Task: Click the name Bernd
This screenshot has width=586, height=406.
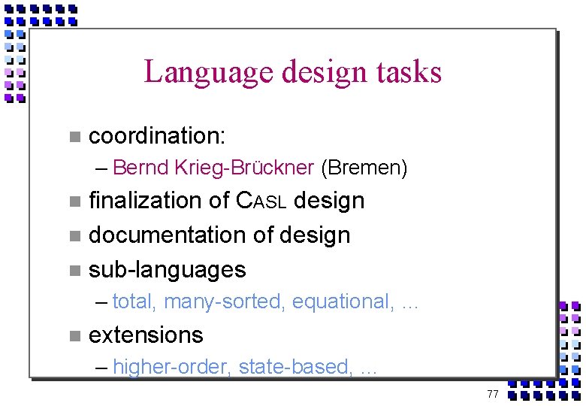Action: click(141, 168)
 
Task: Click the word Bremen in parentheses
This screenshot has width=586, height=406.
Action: click(364, 168)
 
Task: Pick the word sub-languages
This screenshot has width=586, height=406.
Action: click(167, 269)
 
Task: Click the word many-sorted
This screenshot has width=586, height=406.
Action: click(225, 302)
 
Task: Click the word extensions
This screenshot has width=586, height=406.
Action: click(146, 335)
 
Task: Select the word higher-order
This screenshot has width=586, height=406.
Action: click(172, 367)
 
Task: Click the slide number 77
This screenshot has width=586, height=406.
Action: click(493, 394)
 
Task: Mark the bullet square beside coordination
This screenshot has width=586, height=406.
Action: click(74, 137)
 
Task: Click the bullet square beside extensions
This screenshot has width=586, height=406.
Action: click(74, 335)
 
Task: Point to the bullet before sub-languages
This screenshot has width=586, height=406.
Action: click(74, 270)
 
